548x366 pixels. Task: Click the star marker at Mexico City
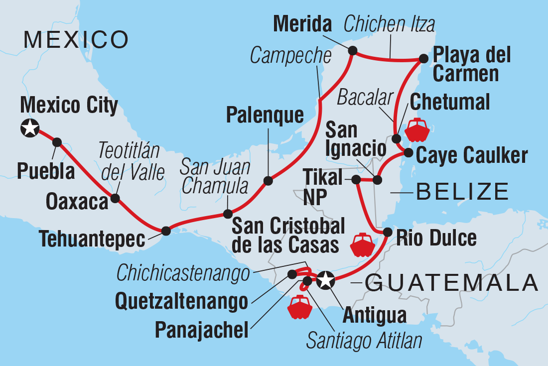(30, 128)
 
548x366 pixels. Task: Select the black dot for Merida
(353, 50)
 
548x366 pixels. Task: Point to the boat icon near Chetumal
(416, 130)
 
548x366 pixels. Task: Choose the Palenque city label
(265, 116)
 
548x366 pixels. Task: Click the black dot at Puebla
(57, 142)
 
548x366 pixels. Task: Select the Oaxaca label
(77, 202)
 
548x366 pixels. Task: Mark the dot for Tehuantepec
(166, 231)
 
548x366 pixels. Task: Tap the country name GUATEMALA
(451, 283)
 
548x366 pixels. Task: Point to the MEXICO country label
(76, 39)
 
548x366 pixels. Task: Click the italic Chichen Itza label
(390, 24)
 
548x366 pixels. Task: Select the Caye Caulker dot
(408, 152)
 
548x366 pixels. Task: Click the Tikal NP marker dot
(356, 179)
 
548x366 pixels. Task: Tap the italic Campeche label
(290, 56)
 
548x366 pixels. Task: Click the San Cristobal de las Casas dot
(227, 214)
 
